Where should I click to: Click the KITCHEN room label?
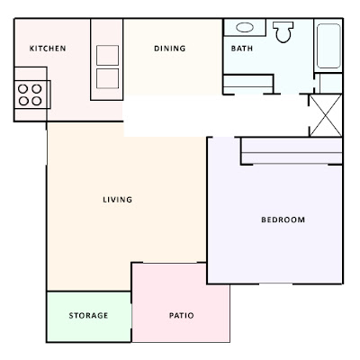click(48, 49)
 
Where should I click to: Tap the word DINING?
click(169, 49)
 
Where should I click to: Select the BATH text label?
click(241, 49)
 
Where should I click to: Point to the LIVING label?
click(117, 200)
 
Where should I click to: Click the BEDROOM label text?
click(283, 220)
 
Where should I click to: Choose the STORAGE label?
click(88, 316)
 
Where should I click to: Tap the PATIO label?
click(181, 316)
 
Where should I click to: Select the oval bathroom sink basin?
click(245, 26)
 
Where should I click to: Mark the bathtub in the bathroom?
click(328, 45)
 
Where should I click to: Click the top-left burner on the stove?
click(23, 88)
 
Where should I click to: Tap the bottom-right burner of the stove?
click(37, 101)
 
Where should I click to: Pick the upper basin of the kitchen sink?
click(107, 54)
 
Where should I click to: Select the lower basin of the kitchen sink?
click(107, 77)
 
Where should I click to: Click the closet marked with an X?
click(325, 115)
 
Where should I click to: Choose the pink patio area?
click(180, 301)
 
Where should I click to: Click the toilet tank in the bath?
click(284, 22)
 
